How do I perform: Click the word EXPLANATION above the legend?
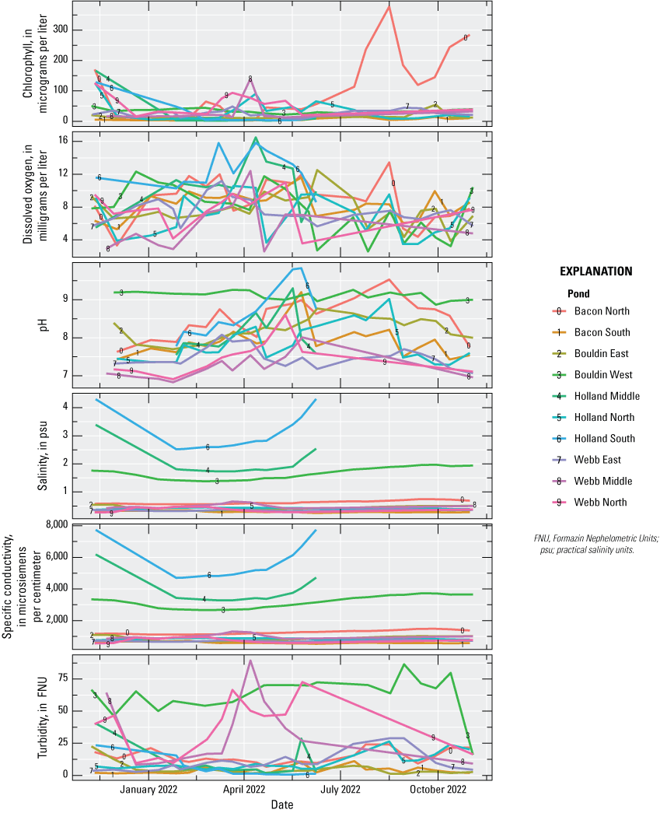[595, 272]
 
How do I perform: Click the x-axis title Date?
[282, 805]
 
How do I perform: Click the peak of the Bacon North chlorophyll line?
[389, 6]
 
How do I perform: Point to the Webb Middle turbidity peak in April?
[250, 661]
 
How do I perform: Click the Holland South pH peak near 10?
[299, 268]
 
